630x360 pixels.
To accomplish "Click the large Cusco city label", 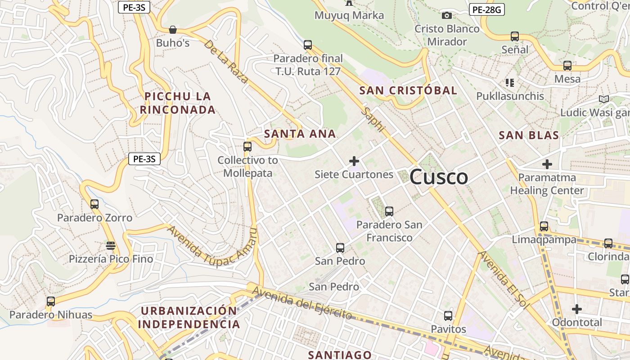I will click(x=439, y=176).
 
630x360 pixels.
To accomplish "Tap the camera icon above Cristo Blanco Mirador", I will click(x=447, y=16).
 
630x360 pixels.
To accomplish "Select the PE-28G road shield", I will click(x=486, y=9).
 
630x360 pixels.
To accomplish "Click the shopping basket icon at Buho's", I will click(x=172, y=30).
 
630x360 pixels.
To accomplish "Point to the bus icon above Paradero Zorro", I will click(x=94, y=204).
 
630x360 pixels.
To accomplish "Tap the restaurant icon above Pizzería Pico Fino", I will click(x=111, y=245).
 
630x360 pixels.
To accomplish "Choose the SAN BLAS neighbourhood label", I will click(x=529, y=135).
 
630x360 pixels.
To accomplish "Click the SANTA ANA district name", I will click(x=300, y=134).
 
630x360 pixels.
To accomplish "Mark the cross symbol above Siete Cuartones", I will click(x=354, y=161).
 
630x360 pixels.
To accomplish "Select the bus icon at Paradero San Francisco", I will click(x=389, y=211).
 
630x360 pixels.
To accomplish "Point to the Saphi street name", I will click(x=374, y=119).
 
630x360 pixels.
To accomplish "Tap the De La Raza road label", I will click(x=225, y=62).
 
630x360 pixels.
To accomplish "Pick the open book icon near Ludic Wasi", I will click(x=603, y=99).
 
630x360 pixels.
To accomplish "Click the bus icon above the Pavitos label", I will click(x=448, y=315).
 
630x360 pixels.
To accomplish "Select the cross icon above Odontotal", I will click(x=577, y=309).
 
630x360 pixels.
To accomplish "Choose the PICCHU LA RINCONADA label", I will click(x=177, y=103).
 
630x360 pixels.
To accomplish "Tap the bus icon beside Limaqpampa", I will click(x=544, y=226).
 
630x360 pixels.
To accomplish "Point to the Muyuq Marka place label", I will click(x=349, y=15).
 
